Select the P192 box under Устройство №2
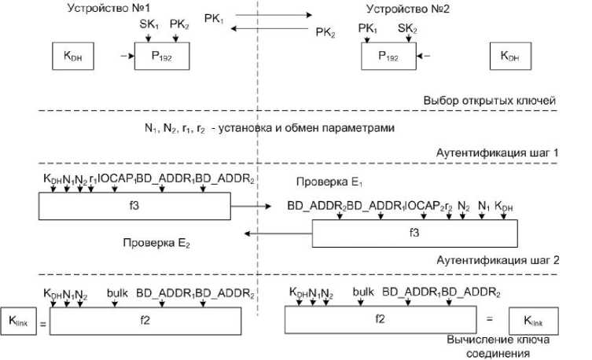click(388, 57)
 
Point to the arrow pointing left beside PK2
click(272, 29)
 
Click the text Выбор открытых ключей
click(487, 101)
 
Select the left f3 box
click(134, 207)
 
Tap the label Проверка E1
click(325, 182)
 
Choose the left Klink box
click(17, 321)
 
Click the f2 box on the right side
click(379, 318)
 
